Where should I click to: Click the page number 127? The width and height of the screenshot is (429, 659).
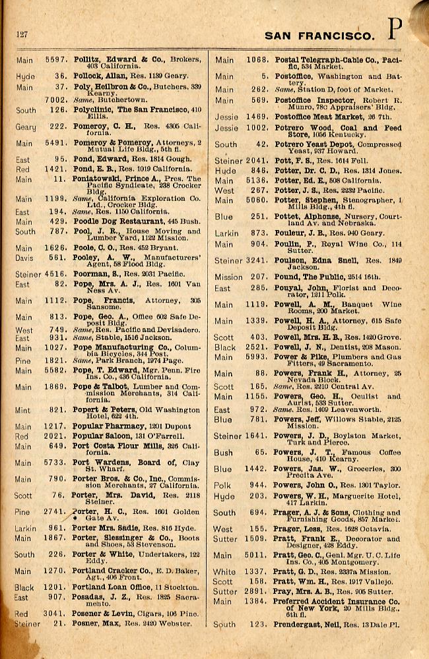tap(21, 34)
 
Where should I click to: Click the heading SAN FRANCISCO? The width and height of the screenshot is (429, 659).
tap(319, 35)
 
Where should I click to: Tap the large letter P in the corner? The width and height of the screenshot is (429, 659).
tap(395, 29)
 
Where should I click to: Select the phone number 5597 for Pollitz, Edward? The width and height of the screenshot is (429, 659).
tap(55, 60)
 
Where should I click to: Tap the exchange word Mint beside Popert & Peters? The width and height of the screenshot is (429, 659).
tap(22, 410)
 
